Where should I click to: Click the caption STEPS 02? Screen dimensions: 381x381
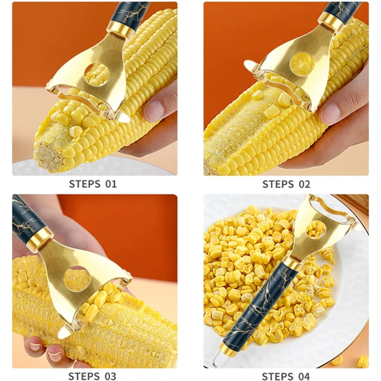286,184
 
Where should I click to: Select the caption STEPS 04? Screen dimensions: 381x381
286,376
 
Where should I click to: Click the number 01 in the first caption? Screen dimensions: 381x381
110,184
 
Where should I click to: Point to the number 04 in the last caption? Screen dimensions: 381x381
304,376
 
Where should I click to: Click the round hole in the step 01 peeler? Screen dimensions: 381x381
97,74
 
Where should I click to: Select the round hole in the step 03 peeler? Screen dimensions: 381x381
77,280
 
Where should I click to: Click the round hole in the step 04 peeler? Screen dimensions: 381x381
315,231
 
